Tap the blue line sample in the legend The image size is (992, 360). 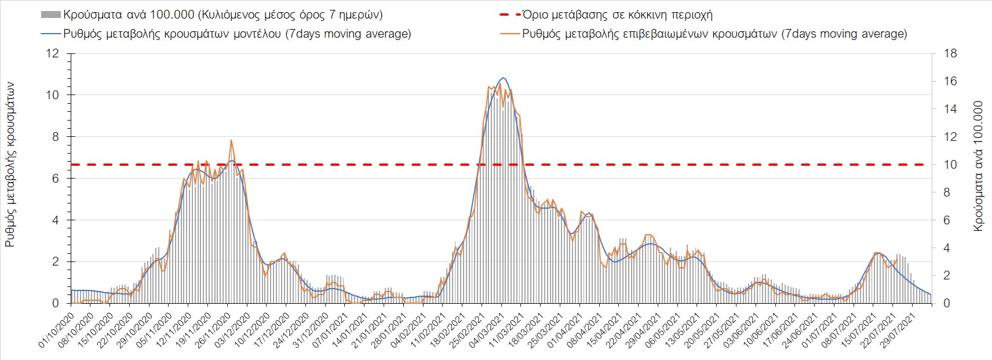click(50, 34)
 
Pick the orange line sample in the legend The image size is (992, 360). click(510, 34)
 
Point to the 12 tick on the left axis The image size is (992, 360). click(53, 54)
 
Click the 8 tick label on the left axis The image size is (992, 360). click(56, 137)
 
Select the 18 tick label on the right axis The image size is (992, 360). click(950, 54)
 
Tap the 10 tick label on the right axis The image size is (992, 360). click(950, 165)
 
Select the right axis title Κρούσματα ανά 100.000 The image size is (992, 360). click(979, 166)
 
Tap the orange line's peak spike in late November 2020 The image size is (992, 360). click(231, 140)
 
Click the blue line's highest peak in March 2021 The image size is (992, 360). click(503, 78)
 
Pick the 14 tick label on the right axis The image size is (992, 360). click(950, 109)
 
